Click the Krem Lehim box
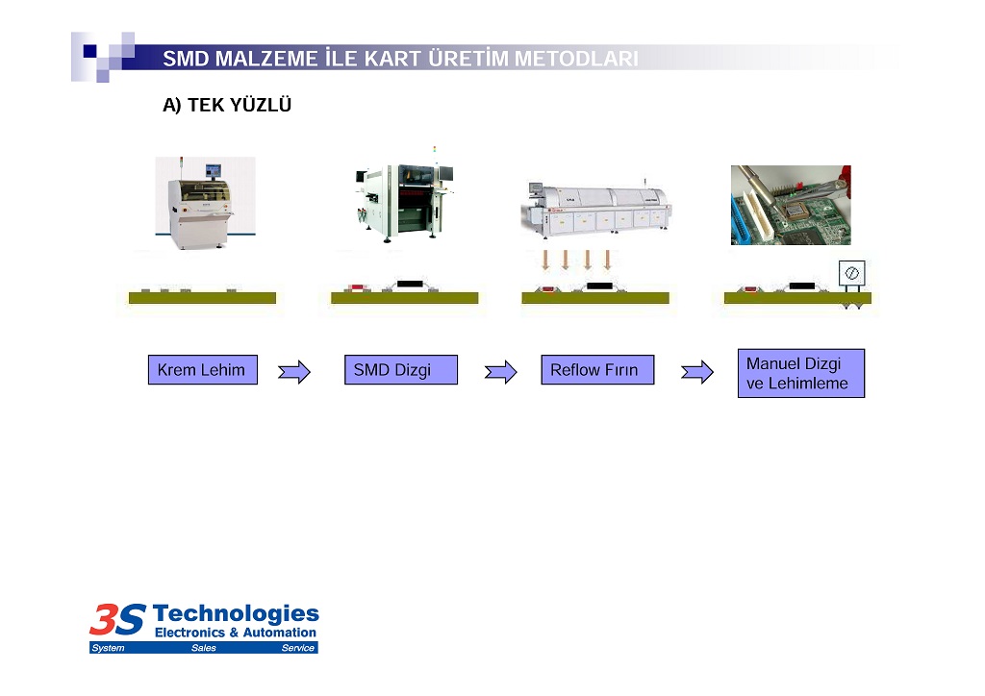pos(202,370)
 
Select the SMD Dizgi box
pos(401,370)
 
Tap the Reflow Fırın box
pos(597,370)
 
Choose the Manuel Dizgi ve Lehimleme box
pos(801,373)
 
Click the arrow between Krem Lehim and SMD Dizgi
pos(294,372)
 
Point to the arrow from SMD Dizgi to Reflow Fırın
pos(500,372)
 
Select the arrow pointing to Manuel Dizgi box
pos(697,372)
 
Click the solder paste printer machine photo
pos(206,204)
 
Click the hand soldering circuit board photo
pos(791,205)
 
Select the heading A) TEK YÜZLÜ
pos(227,105)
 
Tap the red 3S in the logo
pos(117,619)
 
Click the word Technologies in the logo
pos(236,613)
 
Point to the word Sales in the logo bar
pos(204,648)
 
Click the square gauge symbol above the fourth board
pos(852,273)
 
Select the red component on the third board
pos(548,289)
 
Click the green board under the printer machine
pos(202,298)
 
